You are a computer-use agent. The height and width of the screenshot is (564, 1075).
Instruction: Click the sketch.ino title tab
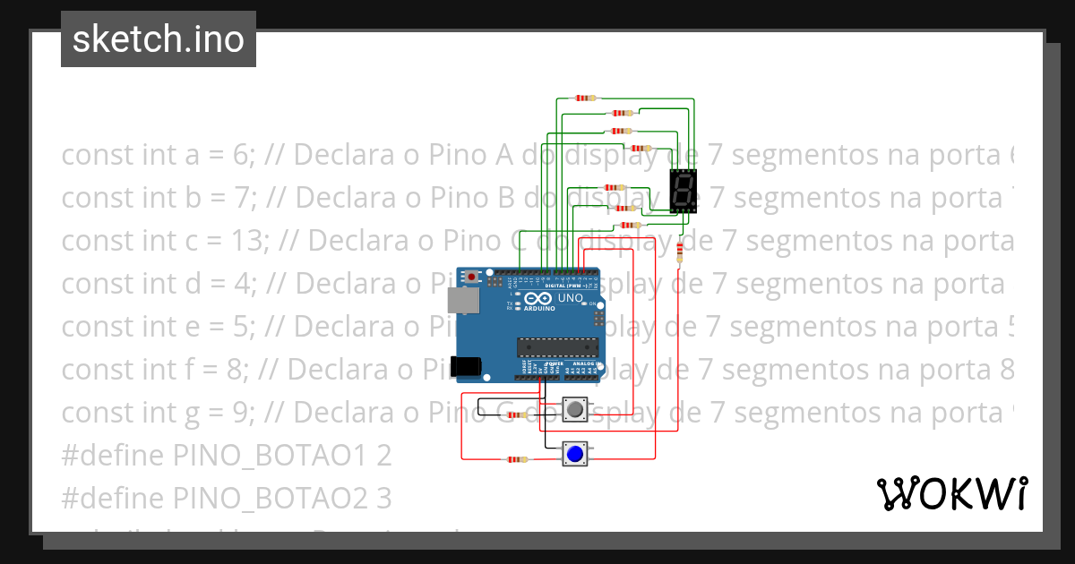pyautogui.click(x=159, y=39)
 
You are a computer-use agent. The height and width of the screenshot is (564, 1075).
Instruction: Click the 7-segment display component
pyautogui.click(x=684, y=191)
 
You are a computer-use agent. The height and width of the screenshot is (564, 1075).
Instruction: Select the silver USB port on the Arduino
pyautogui.click(x=464, y=300)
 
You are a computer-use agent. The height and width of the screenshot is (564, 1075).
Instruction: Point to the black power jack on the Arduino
pyautogui.click(x=465, y=365)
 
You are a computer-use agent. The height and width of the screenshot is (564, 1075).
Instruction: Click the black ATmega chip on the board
pyautogui.click(x=558, y=346)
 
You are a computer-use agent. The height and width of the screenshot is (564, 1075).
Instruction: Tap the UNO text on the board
pyautogui.click(x=571, y=297)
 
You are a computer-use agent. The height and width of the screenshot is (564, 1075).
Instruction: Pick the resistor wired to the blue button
pyautogui.click(x=517, y=459)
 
